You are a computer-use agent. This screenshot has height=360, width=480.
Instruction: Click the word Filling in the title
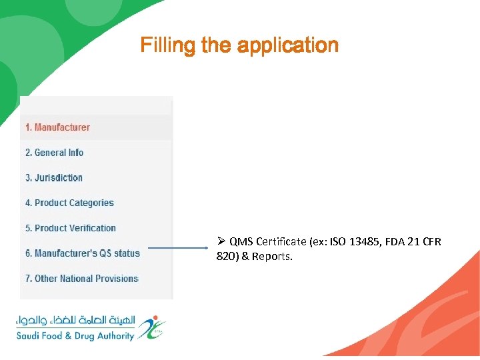tap(159, 45)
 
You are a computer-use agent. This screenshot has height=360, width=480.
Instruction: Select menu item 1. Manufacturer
tap(57, 127)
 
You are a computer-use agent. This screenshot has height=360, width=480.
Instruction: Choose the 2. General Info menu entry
tap(54, 153)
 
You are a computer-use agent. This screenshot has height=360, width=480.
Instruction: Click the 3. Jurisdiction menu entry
tap(54, 178)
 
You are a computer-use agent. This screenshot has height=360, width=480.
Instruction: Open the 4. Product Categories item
tap(69, 203)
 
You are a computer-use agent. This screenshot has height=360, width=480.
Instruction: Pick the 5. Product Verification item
tap(71, 228)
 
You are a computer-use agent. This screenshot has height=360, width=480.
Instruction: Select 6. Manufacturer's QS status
tap(83, 253)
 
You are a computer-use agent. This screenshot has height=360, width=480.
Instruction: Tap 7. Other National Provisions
tap(81, 279)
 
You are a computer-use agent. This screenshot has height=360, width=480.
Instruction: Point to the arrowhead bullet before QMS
tap(221, 241)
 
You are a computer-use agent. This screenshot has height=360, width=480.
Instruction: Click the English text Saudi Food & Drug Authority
tap(75, 336)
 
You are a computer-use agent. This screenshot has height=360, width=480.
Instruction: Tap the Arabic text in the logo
tap(75, 321)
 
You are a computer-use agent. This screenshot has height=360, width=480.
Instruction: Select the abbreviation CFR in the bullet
tap(431, 241)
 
